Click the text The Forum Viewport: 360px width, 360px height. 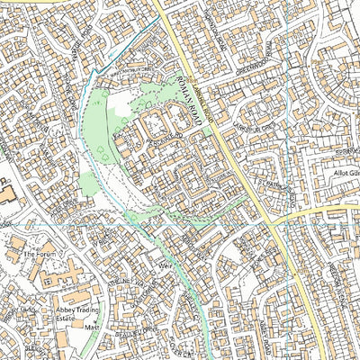click(x=40, y=255)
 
